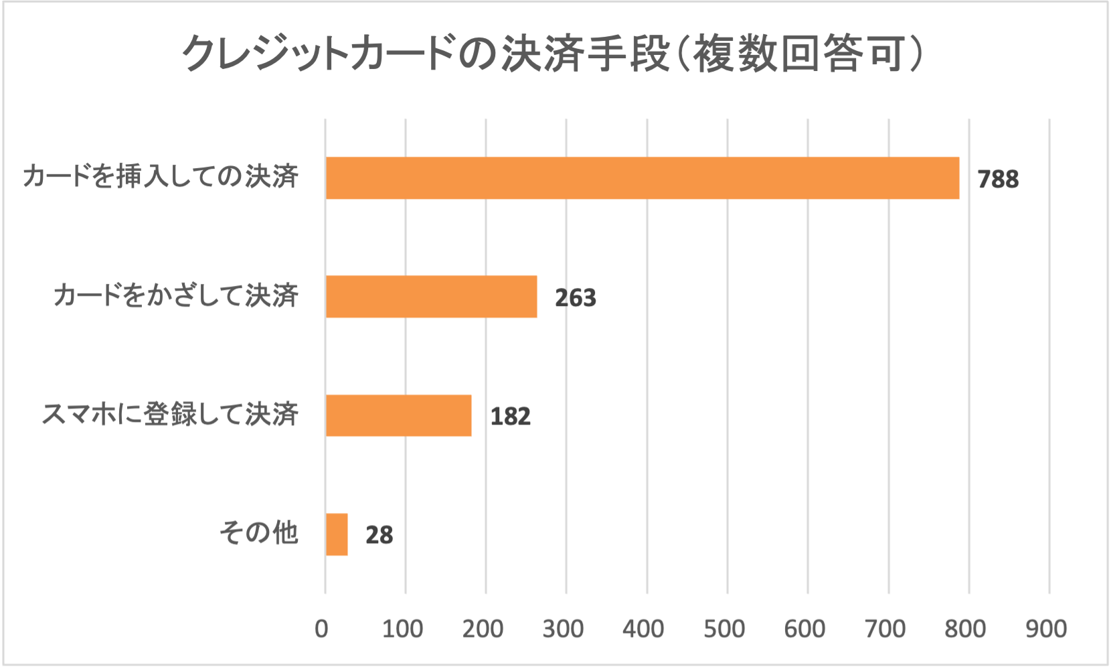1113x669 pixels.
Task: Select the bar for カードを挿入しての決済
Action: (x=642, y=178)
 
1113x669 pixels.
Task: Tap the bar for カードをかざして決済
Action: (x=431, y=297)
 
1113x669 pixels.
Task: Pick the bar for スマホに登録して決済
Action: (x=398, y=415)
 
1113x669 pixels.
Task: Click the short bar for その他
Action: (x=337, y=534)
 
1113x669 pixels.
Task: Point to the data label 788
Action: (x=998, y=179)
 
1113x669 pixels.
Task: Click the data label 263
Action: (x=575, y=298)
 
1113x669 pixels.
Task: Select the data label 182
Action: (x=510, y=417)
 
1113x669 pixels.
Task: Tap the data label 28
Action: (x=379, y=535)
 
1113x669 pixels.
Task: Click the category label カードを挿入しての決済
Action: (x=161, y=177)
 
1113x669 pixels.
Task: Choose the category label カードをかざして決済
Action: (x=176, y=295)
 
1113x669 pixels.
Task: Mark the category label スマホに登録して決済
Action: (x=170, y=415)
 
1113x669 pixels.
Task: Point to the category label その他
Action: (x=258, y=533)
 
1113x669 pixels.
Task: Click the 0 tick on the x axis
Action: (x=322, y=629)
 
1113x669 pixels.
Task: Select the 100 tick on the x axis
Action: (x=402, y=629)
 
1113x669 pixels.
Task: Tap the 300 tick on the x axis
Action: (x=563, y=629)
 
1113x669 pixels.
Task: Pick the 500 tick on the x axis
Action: (x=724, y=629)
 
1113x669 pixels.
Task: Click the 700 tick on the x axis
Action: (x=885, y=629)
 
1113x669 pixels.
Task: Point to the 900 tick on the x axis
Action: (x=1046, y=629)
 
